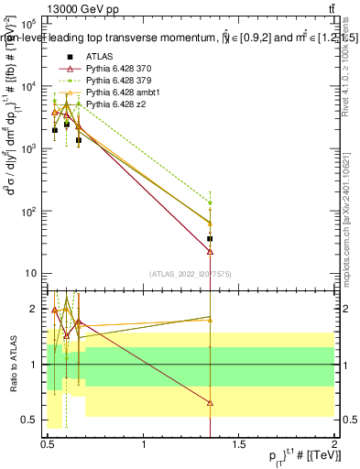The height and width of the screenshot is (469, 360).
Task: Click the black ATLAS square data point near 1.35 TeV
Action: click(x=211, y=239)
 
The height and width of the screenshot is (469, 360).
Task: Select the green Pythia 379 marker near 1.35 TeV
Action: click(x=211, y=203)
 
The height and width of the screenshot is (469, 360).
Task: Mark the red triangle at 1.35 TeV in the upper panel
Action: click(x=211, y=251)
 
